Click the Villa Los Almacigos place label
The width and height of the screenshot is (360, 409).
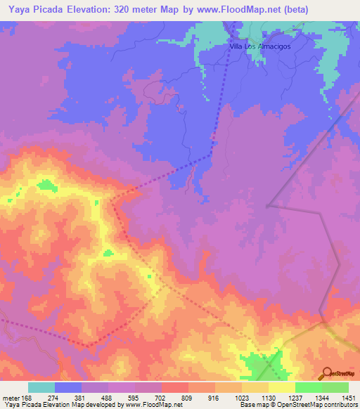point(260,47)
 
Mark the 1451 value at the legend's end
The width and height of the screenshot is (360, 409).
point(349,397)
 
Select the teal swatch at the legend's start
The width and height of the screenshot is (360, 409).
point(41,387)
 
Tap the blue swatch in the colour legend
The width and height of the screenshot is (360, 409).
point(68,387)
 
